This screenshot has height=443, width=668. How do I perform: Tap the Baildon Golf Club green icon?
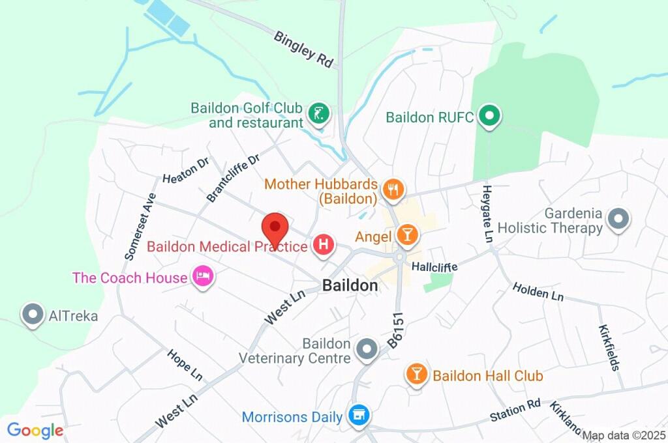pyautogui.click(x=318, y=114)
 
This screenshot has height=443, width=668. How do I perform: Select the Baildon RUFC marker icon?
pyautogui.click(x=489, y=117)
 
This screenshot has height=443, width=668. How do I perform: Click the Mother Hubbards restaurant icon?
pyautogui.click(x=393, y=190)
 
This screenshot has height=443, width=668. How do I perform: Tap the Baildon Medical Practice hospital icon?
pyautogui.click(x=324, y=246)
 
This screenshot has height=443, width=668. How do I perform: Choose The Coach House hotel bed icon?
pyautogui.click(x=203, y=277)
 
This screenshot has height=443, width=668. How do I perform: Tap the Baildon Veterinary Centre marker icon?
pyautogui.click(x=367, y=350)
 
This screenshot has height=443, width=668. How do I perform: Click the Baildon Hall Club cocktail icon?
pyautogui.click(x=416, y=375)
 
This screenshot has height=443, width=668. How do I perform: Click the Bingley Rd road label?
pyautogui.click(x=303, y=49)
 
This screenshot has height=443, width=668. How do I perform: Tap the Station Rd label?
pyautogui.click(x=516, y=410)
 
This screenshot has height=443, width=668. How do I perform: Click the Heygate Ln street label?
pyautogui.click(x=487, y=214)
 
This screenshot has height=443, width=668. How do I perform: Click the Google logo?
pyautogui.click(x=35, y=430)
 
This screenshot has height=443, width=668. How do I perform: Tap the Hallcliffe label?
pyautogui.click(x=434, y=267)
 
